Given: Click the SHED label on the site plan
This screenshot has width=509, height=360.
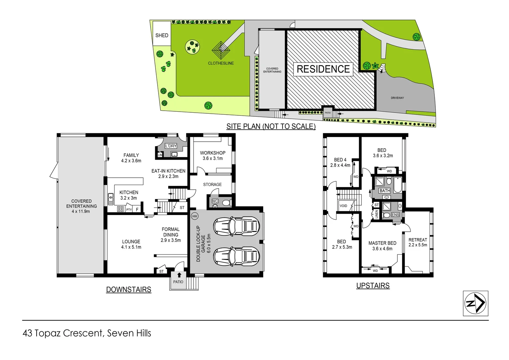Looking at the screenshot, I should pos(162,35).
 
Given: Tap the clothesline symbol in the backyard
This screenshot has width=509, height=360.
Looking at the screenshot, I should pos(221,51).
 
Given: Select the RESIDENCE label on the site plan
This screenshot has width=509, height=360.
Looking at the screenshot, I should pos(323,69).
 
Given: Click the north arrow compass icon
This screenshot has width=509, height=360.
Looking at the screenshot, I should pos(475,303).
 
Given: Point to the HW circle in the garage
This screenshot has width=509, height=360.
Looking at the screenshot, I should pos(195,216).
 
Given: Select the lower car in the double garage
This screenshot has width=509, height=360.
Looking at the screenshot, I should pos(237,256).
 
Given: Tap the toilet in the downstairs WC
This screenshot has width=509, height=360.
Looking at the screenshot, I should pos(226,203).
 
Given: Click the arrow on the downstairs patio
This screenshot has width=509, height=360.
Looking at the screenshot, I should pos(179,275).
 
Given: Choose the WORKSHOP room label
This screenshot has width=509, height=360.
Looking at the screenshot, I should pos(213,153).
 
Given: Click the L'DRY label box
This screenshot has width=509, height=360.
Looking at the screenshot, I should pos(171,146).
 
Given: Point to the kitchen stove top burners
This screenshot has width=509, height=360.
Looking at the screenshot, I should pos(120,209).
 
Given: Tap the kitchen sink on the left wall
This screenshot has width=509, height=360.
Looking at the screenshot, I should pos(111,199).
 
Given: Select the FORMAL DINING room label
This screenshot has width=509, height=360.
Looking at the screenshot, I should pos(171,232).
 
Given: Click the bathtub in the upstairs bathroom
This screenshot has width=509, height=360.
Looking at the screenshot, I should pos(398,185).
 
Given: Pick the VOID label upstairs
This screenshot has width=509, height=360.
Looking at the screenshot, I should pos(343,206).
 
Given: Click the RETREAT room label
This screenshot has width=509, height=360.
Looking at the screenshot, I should pos(418,240).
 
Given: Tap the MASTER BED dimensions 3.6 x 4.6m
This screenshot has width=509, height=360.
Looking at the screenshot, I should pos(382,249).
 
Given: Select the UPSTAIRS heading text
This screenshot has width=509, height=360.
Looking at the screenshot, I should pos(373,286).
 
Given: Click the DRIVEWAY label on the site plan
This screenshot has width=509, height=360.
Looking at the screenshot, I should pos(397,98).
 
